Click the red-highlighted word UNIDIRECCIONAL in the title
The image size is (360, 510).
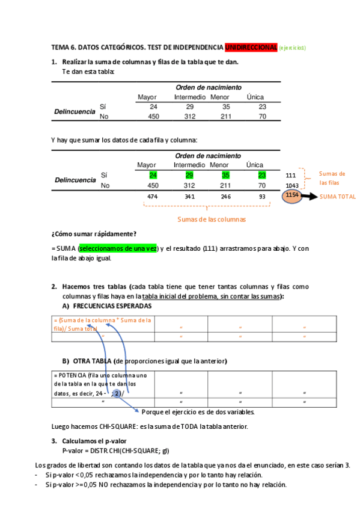point(251,47)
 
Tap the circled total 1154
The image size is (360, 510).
point(293,195)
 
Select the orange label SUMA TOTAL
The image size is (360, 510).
point(338,197)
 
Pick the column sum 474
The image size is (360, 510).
point(153,197)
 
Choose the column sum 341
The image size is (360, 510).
point(189,197)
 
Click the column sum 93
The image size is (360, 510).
point(262,197)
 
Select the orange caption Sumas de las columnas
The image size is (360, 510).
point(211,220)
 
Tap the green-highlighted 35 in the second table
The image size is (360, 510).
point(226,175)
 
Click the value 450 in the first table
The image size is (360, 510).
point(153,117)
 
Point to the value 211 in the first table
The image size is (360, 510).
point(226,117)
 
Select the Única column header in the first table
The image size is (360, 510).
point(255,97)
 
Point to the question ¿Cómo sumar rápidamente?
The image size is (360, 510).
point(94,233)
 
